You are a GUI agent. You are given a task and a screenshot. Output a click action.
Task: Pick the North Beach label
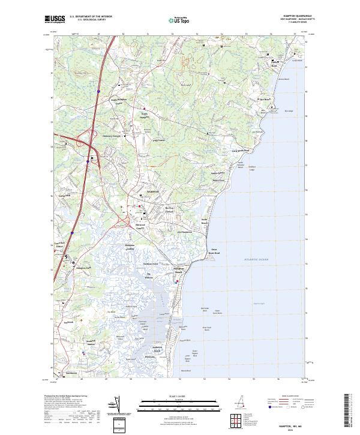click(x=204, y=221)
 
